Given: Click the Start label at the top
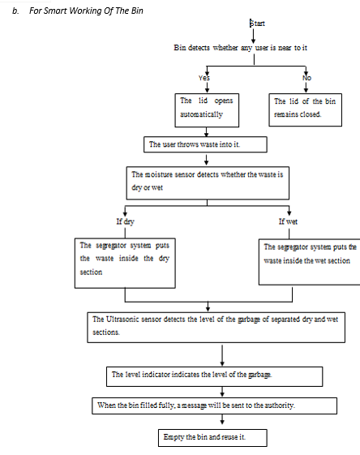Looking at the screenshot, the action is click(x=257, y=24).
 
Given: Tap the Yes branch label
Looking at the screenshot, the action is click(x=204, y=78).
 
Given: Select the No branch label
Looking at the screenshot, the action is click(x=306, y=78).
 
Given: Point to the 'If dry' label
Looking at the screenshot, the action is click(x=126, y=221).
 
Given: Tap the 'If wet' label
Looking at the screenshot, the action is click(x=288, y=221).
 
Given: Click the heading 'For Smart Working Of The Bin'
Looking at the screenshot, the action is click(x=86, y=11).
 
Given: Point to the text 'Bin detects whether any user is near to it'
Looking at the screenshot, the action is click(x=241, y=48).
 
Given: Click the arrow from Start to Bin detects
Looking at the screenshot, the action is click(x=253, y=36).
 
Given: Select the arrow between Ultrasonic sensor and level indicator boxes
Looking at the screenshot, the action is click(x=222, y=355).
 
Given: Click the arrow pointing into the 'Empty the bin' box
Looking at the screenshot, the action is click(x=222, y=419).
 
